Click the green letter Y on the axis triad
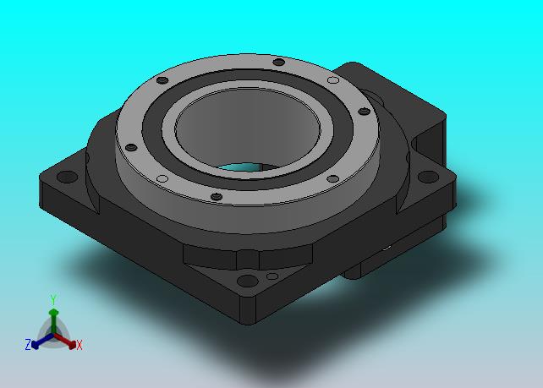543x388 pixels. pos(53,300)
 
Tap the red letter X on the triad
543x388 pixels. pos(80,345)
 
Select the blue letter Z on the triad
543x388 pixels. pos(28,344)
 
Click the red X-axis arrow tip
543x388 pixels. pos(72,344)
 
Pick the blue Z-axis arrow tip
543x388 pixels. pos(35,345)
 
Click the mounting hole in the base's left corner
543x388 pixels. pos(67,177)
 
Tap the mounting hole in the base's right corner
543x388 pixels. pos(428,177)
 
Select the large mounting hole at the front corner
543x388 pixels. pos(247,281)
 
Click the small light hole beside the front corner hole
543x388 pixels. pos(272,276)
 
